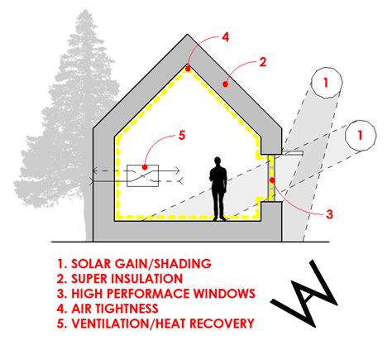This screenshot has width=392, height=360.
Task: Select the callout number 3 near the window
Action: pos(329,214)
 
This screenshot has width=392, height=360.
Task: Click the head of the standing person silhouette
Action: pos(218,160)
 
